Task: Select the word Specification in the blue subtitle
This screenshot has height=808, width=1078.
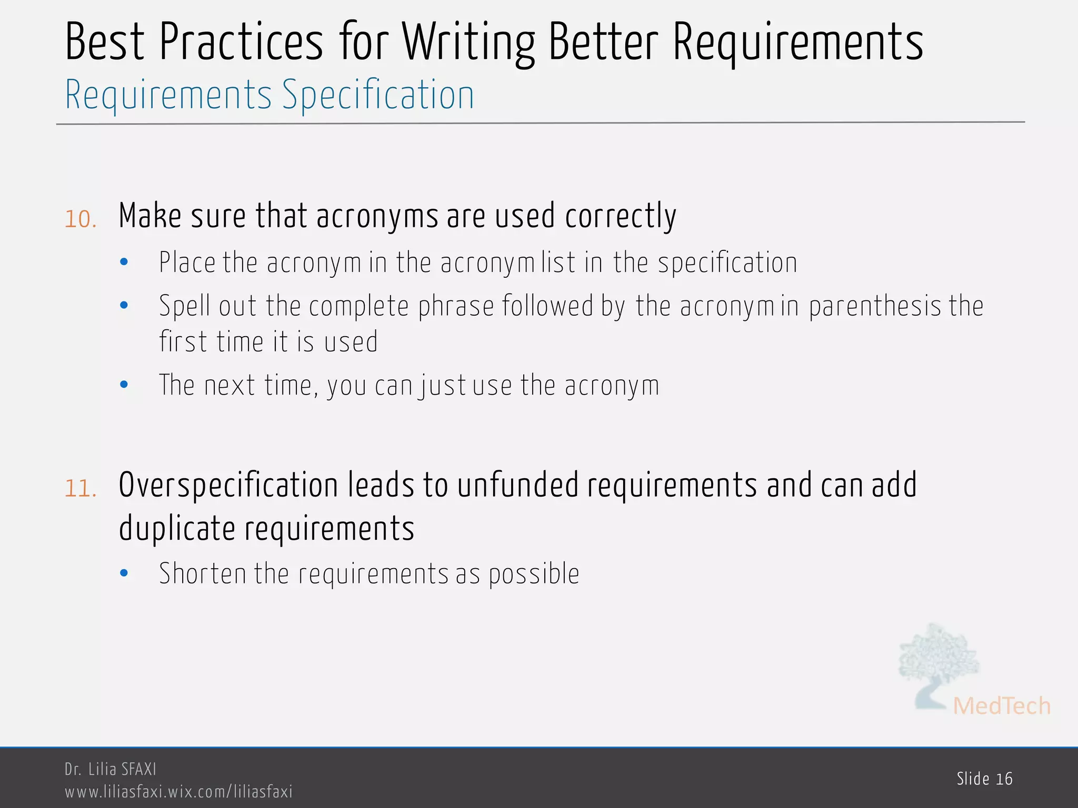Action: pyautogui.click(x=378, y=96)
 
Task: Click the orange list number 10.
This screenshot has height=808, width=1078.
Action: pyautogui.click(x=81, y=219)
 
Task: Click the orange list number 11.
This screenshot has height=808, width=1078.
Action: pyautogui.click(x=81, y=488)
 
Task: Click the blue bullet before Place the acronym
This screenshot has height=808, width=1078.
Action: pyautogui.click(x=124, y=262)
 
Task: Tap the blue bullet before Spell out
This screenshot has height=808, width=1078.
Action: pyautogui.click(x=124, y=305)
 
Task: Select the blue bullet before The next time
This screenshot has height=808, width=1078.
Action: pyautogui.click(x=124, y=385)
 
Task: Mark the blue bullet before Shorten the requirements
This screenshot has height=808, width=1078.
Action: pyautogui.click(x=124, y=573)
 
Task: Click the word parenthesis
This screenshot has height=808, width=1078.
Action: pyautogui.click(x=874, y=307)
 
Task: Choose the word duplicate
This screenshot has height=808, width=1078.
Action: pyautogui.click(x=177, y=529)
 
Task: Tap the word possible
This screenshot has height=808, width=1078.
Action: pyautogui.click(x=534, y=574)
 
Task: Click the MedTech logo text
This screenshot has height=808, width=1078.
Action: pyautogui.click(x=1001, y=706)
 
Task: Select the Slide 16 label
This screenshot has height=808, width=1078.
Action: pyautogui.click(x=984, y=779)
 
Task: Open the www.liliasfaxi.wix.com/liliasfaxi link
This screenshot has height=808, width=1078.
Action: pyautogui.click(x=178, y=792)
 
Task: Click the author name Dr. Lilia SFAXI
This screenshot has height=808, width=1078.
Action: pyautogui.click(x=111, y=769)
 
